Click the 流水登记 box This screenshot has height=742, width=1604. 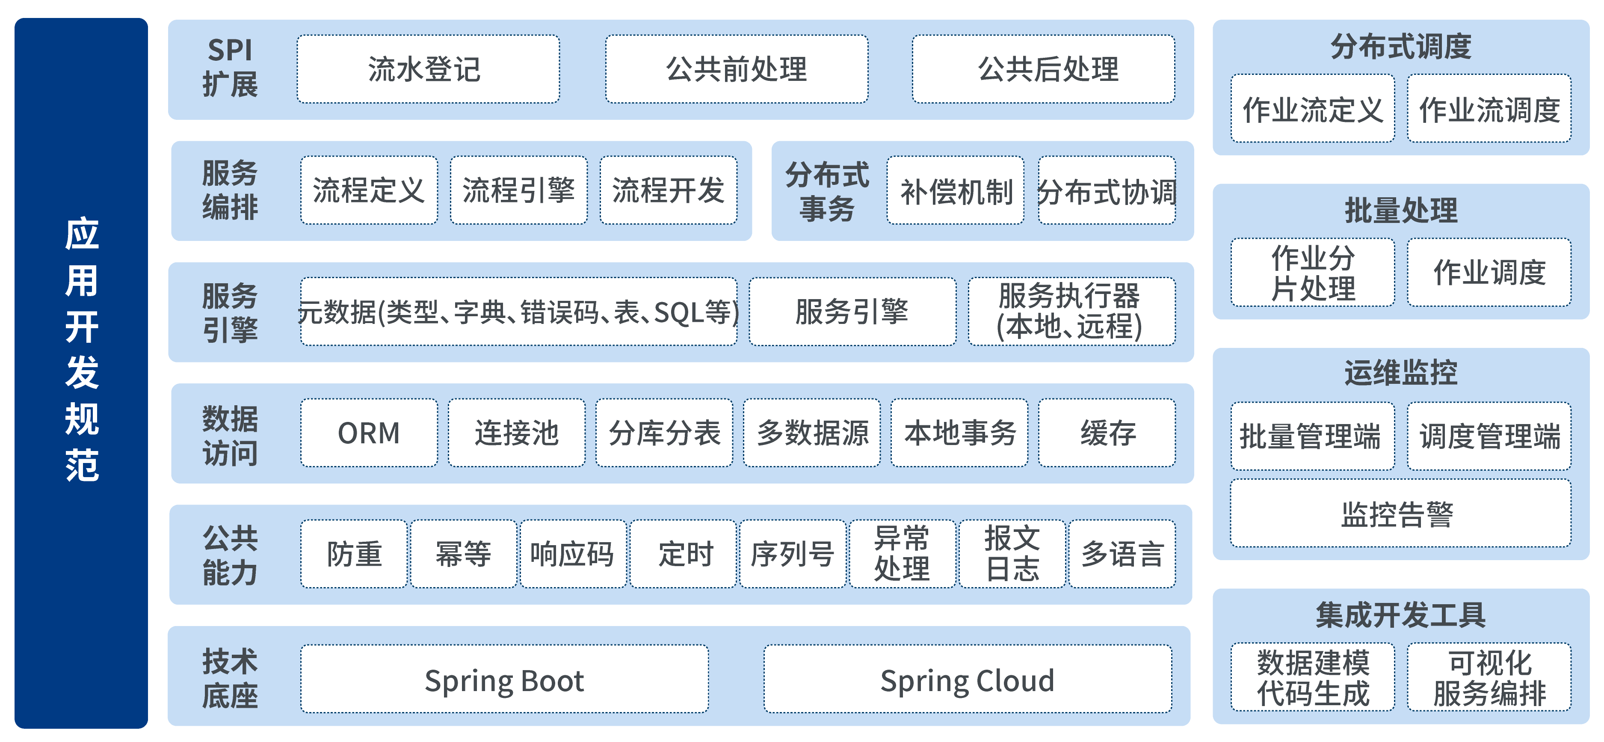tap(428, 69)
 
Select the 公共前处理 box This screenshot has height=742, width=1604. tap(736, 69)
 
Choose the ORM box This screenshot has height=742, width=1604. tap(369, 433)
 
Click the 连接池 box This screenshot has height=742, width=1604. tap(516, 433)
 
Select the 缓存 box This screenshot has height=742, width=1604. tap(1107, 433)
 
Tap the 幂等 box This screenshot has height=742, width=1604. tap(463, 554)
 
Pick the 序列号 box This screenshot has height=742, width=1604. tap(792, 554)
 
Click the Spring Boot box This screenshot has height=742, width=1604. tap(504, 679)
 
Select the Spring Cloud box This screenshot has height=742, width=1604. tap(967, 679)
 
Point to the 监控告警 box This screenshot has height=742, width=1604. tap(1400, 513)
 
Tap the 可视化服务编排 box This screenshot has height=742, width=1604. tap(1489, 677)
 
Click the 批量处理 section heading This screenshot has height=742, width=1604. tap(1400, 210)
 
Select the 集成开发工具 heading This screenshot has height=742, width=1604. tap(1400, 615)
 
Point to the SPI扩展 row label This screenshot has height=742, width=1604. tap(230, 67)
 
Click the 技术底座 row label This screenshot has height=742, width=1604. tap(230, 678)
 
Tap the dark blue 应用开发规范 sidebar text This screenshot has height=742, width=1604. tap(82, 349)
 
